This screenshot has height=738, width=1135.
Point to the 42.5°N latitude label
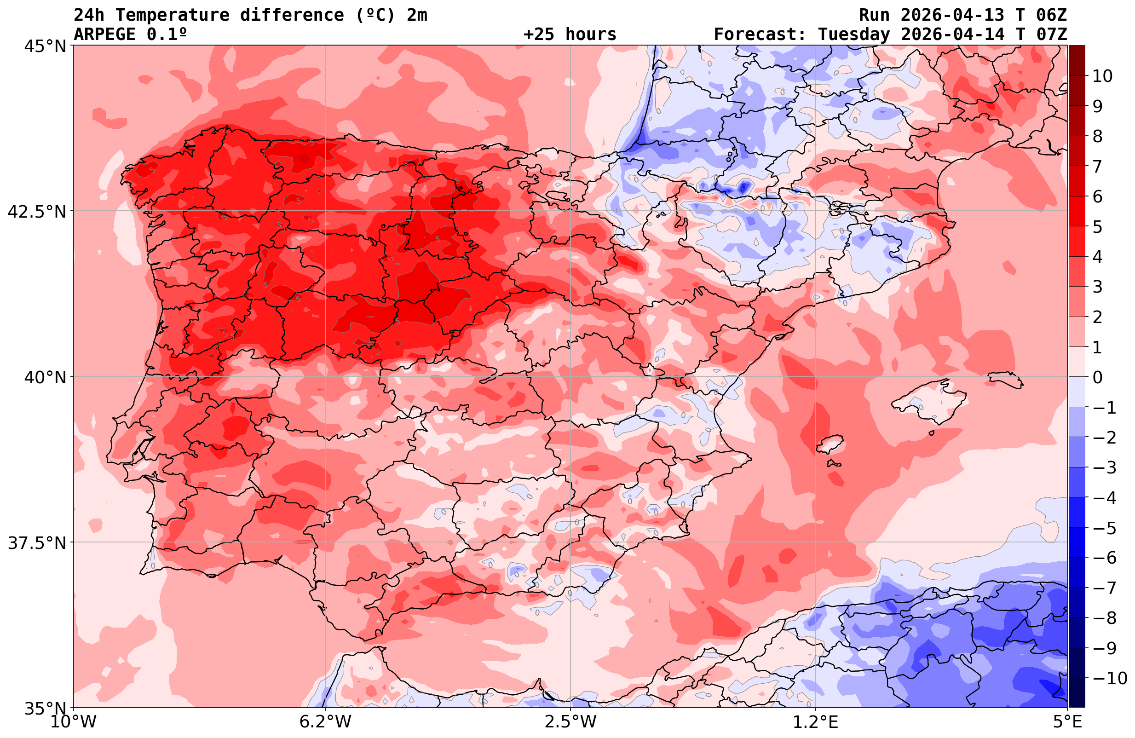(x=37, y=211)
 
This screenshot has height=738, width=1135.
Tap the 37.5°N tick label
(x=37, y=543)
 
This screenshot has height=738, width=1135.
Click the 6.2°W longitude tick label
(x=325, y=722)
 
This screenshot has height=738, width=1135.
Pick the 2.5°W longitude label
(x=570, y=722)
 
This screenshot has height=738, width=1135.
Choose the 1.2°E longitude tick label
(x=816, y=722)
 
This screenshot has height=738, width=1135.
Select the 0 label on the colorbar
(x=1097, y=377)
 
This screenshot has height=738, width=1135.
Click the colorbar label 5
(x=1097, y=227)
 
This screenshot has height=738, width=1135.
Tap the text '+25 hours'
(x=570, y=35)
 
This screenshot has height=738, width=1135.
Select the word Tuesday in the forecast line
(x=853, y=35)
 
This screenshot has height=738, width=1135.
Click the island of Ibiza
(x=830, y=444)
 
